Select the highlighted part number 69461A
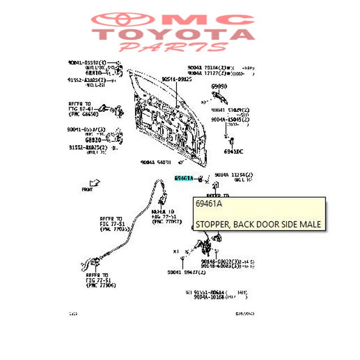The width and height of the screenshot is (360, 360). [x=184, y=179]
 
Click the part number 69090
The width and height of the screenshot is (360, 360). [x=219, y=86]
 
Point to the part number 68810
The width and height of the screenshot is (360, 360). [x=93, y=73]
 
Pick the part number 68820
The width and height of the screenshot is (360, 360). [x=93, y=139]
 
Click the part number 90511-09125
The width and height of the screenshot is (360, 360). [x=176, y=80]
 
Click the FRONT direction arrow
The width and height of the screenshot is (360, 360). [x=94, y=182]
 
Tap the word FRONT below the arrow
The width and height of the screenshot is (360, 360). [x=87, y=189]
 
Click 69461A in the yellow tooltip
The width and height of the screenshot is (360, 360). [x=209, y=204]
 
